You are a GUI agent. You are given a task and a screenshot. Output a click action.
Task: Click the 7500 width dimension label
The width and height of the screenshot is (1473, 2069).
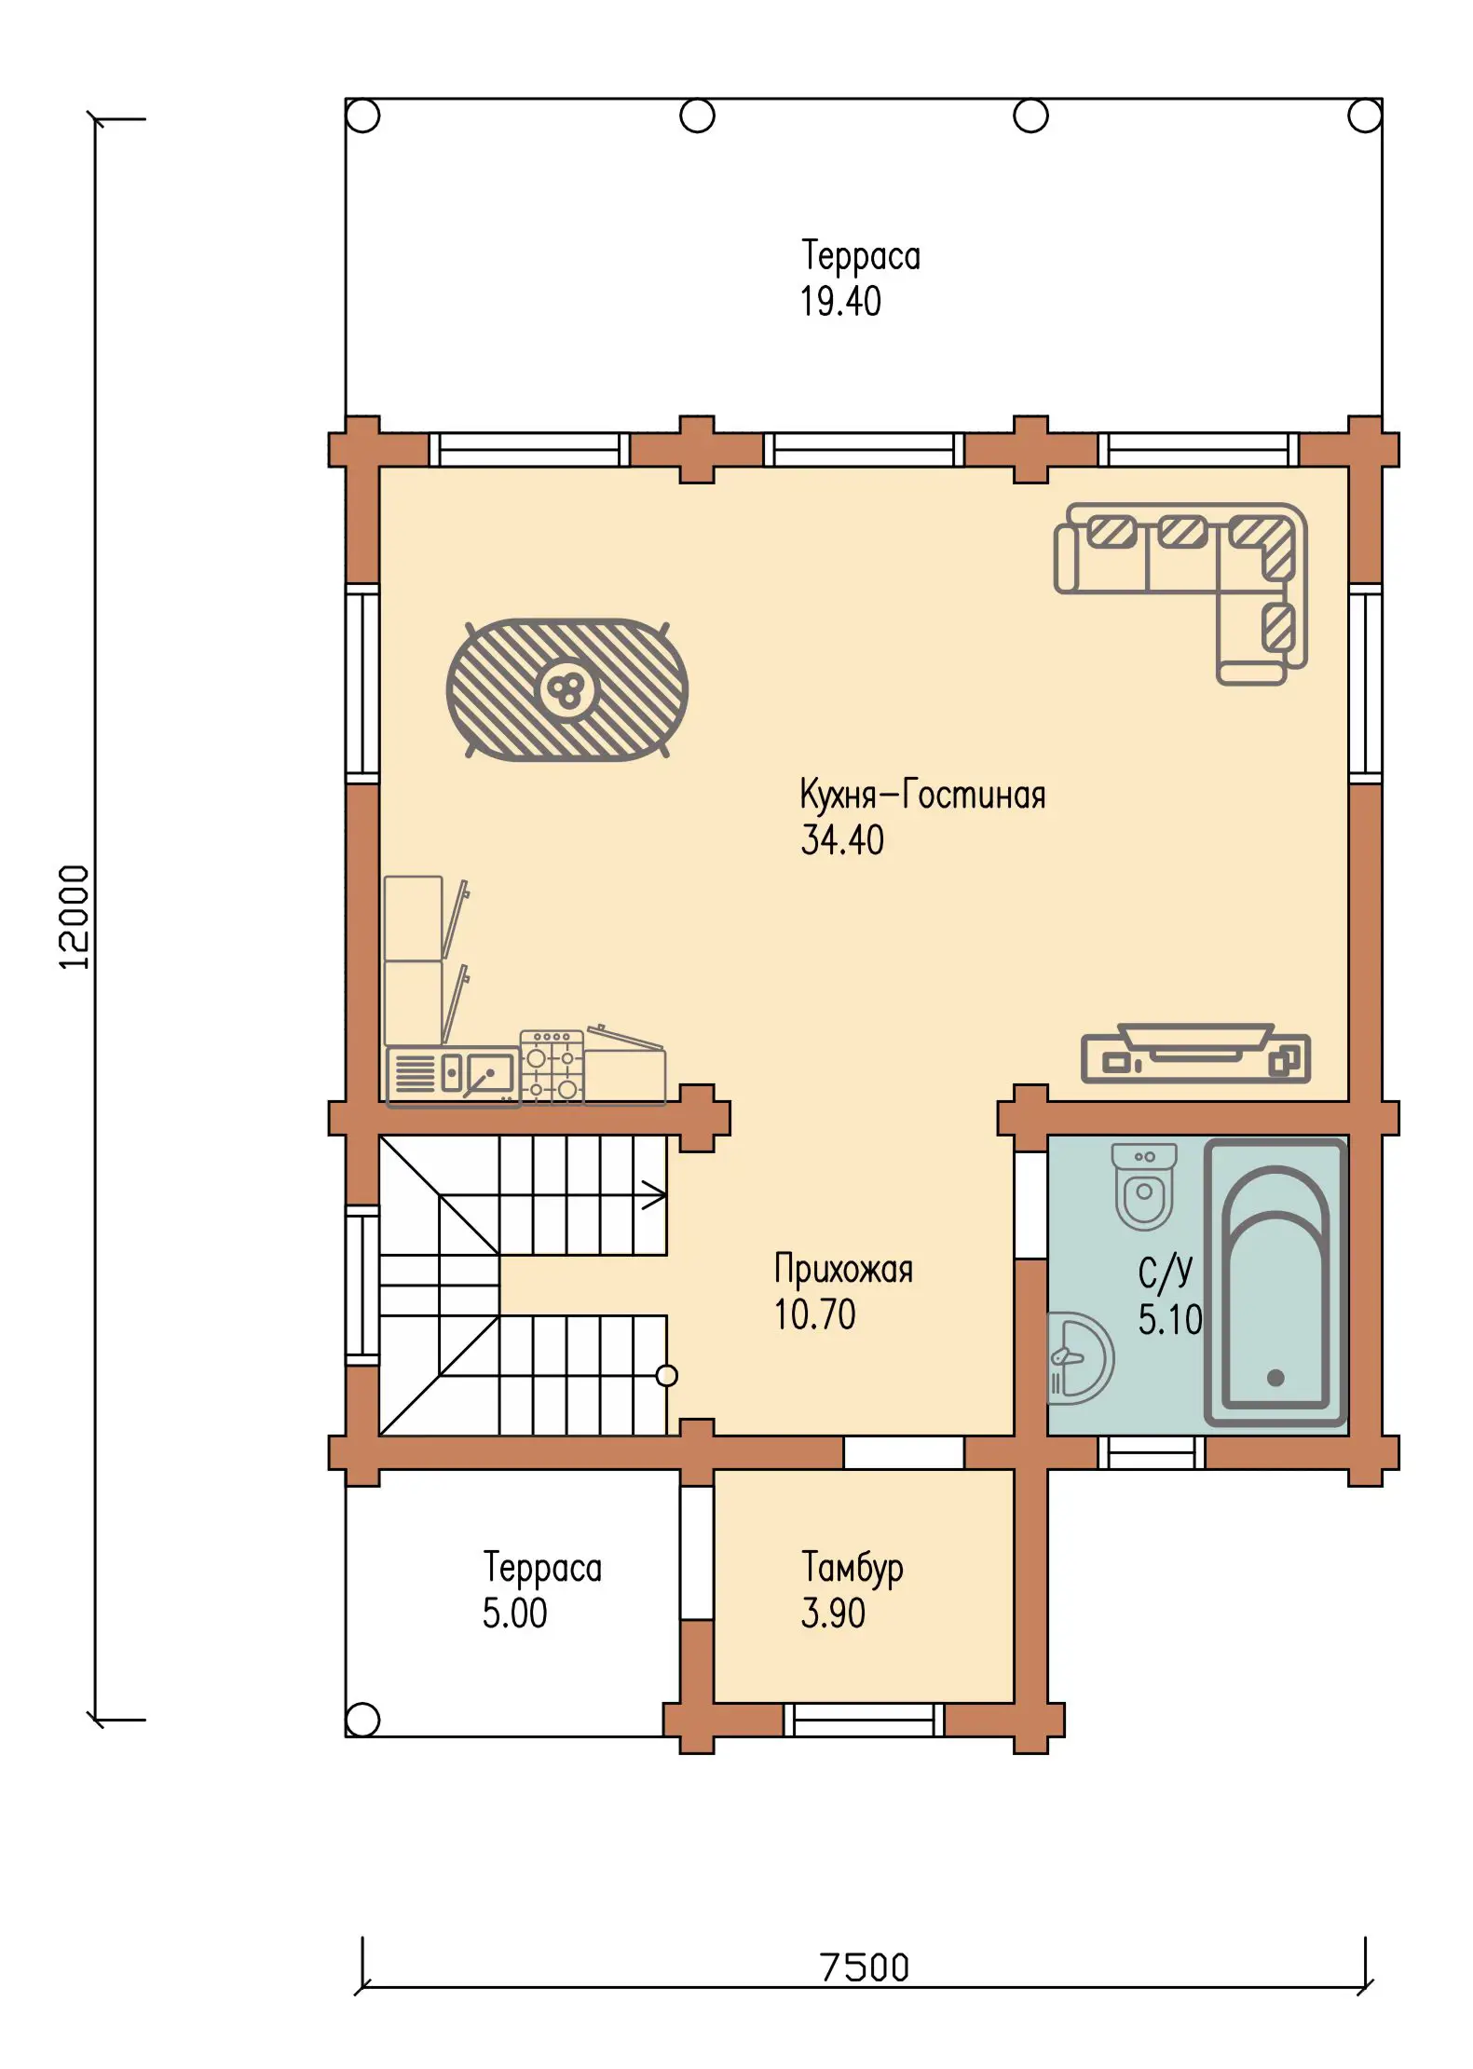[864, 1967]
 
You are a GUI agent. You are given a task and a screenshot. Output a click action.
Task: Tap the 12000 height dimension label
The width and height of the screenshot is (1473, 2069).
[75, 918]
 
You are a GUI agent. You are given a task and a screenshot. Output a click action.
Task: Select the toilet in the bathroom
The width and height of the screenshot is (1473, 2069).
[1144, 1187]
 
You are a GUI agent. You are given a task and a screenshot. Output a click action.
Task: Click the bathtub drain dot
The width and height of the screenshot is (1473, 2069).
[1275, 1378]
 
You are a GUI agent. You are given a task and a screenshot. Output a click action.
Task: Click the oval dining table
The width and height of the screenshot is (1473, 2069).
[566, 689]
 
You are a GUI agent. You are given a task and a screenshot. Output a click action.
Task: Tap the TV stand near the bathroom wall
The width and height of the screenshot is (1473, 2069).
[1195, 1053]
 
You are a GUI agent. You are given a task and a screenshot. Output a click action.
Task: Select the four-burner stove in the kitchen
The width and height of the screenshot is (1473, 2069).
[552, 1067]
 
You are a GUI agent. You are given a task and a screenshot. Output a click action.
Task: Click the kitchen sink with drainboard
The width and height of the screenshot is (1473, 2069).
[453, 1075]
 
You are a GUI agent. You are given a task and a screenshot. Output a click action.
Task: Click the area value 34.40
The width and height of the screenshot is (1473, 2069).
[842, 839]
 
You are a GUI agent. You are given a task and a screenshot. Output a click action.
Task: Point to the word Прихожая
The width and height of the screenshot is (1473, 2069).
[843, 1269]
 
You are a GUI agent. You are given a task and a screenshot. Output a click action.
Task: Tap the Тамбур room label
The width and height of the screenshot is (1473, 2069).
[852, 1567]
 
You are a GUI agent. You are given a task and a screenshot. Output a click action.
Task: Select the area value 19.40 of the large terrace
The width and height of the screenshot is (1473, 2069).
[840, 301]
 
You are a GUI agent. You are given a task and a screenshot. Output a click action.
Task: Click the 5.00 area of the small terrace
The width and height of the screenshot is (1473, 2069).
[514, 1613]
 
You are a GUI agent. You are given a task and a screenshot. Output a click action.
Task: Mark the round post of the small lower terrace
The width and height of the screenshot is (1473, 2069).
[362, 1719]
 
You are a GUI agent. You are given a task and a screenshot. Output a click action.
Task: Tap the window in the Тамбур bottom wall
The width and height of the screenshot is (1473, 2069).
[864, 1720]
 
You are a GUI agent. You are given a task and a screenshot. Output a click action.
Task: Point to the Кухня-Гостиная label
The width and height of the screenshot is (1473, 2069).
[922, 795]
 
